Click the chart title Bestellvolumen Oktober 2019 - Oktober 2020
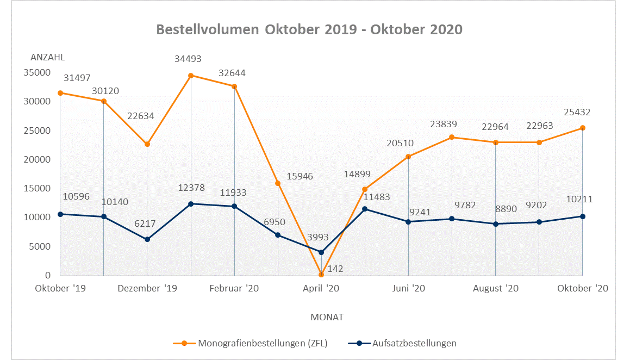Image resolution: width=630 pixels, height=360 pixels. (x=309, y=29)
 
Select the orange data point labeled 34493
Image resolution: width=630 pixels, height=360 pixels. (x=191, y=76)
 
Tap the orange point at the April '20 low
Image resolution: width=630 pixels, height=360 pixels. (x=321, y=275)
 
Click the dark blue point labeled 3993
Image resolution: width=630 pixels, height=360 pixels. (x=321, y=252)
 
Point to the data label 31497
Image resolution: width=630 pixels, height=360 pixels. (x=77, y=78)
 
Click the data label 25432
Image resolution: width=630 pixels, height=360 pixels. (x=577, y=113)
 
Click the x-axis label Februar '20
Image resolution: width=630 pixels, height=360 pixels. (x=234, y=288)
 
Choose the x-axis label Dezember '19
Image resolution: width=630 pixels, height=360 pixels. (x=147, y=288)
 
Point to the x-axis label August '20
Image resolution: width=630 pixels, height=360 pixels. (x=496, y=288)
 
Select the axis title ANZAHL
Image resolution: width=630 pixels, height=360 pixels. (x=48, y=58)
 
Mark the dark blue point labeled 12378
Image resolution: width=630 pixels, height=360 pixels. (x=191, y=204)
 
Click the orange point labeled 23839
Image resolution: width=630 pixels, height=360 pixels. (x=452, y=138)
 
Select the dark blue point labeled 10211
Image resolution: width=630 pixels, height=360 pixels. (x=583, y=216)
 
